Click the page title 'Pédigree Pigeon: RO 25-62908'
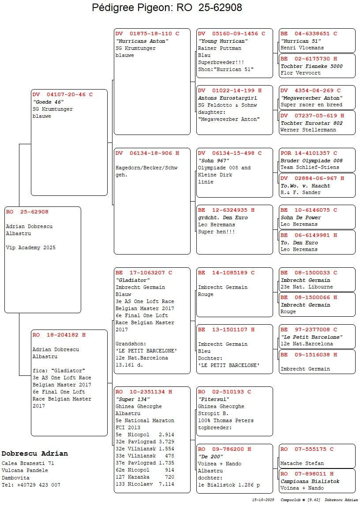[x=167, y=8]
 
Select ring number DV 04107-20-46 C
[x=63, y=94]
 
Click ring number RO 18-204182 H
[x=59, y=335]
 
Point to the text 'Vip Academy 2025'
[x=31, y=248]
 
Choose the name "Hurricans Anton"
[x=142, y=41]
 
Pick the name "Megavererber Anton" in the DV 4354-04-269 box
[x=311, y=98]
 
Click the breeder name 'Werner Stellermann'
[x=308, y=130]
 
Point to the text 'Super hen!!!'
[x=217, y=232]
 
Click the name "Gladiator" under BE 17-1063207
[x=133, y=280]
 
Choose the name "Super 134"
[x=132, y=399]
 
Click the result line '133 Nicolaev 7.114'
[x=145, y=484]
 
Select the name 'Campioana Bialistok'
[x=310, y=481]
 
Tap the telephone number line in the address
[x=31, y=485]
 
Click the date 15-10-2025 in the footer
[x=263, y=500]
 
